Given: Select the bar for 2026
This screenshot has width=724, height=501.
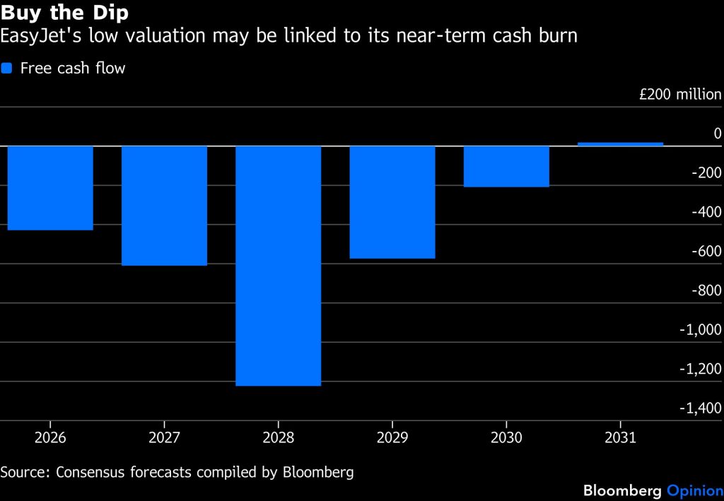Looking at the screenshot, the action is pyautogui.click(x=50, y=188).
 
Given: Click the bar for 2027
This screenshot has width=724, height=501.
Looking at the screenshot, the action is pyautogui.click(x=164, y=206).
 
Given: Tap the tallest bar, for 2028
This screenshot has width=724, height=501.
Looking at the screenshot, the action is pyautogui.click(x=279, y=266).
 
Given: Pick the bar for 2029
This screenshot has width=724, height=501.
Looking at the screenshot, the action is pyautogui.click(x=392, y=202).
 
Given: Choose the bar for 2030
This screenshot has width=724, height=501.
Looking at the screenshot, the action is pyautogui.click(x=506, y=167).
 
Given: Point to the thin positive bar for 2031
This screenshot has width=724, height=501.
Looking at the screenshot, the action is pyautogui.click(x=621, y=144).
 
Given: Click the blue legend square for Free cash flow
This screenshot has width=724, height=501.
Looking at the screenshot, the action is pyautogui.click(x=6, y=69).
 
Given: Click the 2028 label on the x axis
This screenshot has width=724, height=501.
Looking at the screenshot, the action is pyautogui.click(x=279, y=437).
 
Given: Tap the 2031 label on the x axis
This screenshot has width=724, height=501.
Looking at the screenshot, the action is pyautogui.click(x=621, y=437).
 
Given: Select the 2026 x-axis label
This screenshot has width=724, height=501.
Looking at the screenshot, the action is pyautogui.click(x=50, y=437).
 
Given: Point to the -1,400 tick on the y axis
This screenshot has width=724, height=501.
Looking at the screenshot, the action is pyautogui.click(x=700, y=408).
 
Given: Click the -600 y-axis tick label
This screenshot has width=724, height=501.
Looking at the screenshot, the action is pyautogui.click(x=706, y=251).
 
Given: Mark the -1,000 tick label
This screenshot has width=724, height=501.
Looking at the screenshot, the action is pyautogui.click(x=700, y=329).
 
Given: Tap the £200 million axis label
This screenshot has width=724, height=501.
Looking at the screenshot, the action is pyautogui.click(x=680, y=94).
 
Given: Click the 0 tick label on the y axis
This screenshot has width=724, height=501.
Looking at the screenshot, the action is pyautogui.click(x=718, y=134).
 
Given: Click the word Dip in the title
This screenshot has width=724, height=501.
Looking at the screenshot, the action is pyautogui.click(x=110, y=13).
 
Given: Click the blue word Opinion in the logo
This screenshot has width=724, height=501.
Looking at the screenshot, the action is pyautogui.click(x=695, y=490).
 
